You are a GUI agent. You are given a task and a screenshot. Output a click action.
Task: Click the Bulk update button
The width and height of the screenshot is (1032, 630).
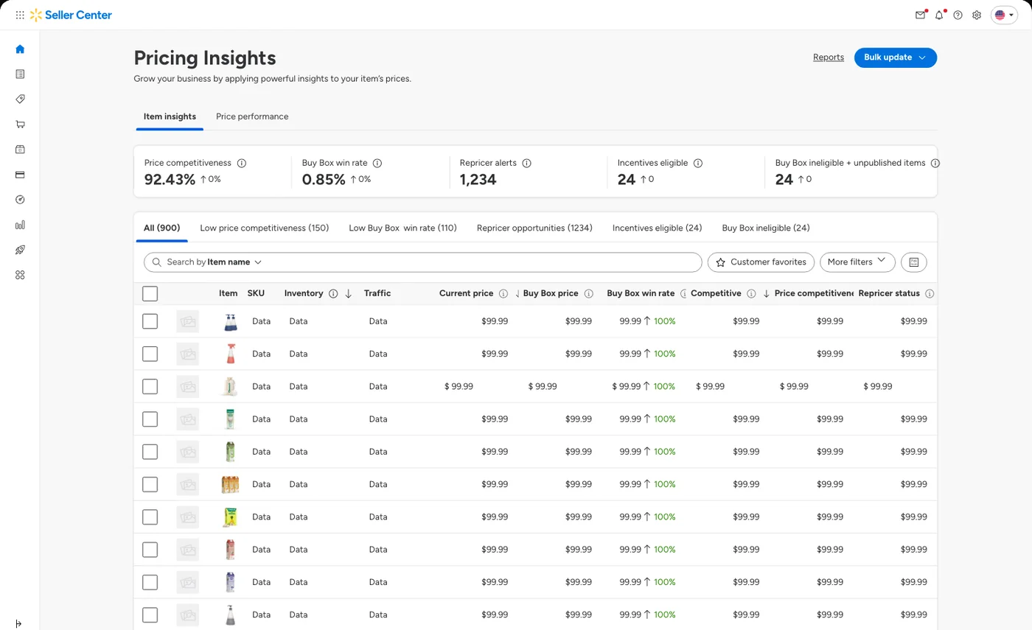[x=895, y=57]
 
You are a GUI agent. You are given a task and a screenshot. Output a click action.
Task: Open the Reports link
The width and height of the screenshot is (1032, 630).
[x=829, y=57]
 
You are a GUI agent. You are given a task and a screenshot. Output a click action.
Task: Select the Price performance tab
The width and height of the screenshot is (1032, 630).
[x=252, y=116]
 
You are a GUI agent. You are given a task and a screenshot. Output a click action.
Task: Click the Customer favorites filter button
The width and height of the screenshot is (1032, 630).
[x=761, y=262]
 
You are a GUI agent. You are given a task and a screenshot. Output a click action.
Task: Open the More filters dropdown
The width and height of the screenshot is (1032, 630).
[x=857, y=262]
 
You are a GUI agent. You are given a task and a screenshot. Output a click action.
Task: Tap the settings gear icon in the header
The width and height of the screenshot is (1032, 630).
[x=977, y=15]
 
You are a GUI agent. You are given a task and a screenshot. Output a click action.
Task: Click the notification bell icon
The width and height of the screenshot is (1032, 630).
[x=939, y=15]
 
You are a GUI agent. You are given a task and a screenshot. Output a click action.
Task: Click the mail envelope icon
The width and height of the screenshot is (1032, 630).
[x=921, y=15]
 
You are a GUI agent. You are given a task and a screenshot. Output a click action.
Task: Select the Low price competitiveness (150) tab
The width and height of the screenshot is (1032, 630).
[x=265, y=228]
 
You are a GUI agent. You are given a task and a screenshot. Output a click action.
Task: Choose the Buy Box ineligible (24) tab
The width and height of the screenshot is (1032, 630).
[x=766, y=228]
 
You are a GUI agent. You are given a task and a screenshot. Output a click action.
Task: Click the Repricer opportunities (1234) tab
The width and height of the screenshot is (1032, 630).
[x=534, y=228]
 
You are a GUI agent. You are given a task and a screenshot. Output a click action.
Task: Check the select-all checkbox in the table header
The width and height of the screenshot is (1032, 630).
[x=150, y=293]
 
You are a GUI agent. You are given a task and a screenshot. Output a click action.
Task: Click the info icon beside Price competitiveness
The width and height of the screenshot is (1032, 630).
[x=242, y=163]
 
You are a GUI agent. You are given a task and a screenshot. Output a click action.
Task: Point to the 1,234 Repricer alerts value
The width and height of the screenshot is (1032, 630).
[x=478, y=179]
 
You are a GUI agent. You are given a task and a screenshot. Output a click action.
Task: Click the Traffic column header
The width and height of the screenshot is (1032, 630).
[x=377, y=293]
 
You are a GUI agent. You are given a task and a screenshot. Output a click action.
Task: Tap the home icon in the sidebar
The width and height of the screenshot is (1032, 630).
[x=20, y=49]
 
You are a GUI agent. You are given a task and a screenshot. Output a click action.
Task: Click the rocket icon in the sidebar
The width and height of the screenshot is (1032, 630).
[x=20, y=250]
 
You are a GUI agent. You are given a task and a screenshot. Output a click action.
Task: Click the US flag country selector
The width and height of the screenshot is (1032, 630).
[x=1004, y=15]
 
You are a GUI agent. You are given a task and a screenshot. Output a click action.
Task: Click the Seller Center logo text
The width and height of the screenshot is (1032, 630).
[x=78, y=15]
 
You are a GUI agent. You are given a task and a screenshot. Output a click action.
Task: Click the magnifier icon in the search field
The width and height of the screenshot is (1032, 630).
[x=156, y=262]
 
